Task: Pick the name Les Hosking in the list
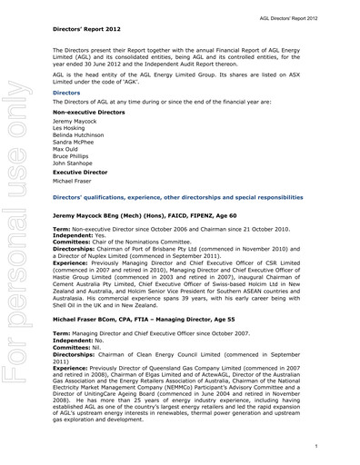(72, 129)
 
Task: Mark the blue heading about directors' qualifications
(178, 196)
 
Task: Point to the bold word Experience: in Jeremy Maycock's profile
(71, 269)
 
